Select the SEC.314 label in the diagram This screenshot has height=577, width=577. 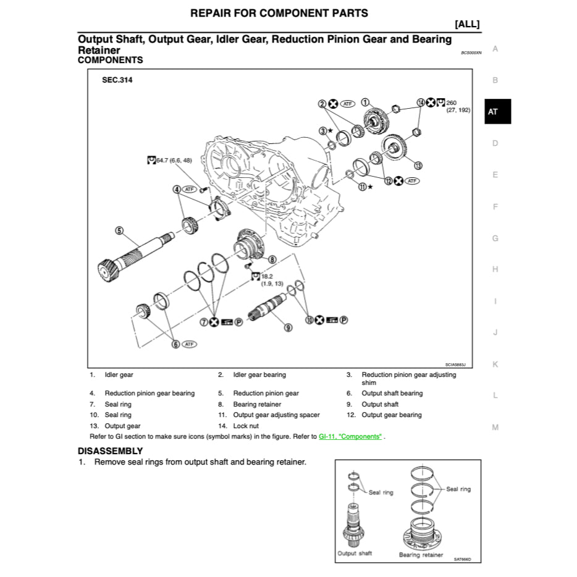[x=117, y=80]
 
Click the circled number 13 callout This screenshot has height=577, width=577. [x=418, y=166]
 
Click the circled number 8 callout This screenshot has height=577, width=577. [x=272, y=259]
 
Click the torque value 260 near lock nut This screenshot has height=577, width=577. [x=451, y=103]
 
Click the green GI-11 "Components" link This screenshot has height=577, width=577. [x=350, y=436]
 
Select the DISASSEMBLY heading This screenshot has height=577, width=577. [x=110, y=451]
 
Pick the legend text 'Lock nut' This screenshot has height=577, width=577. [x=246, y=426]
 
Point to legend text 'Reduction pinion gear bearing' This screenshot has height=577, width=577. [x=150, y=393]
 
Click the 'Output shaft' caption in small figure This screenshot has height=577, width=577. [x=355, y=553]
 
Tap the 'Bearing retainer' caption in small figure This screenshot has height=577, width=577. [x=421, y=555]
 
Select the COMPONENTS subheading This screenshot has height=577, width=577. [x=110, y=60]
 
